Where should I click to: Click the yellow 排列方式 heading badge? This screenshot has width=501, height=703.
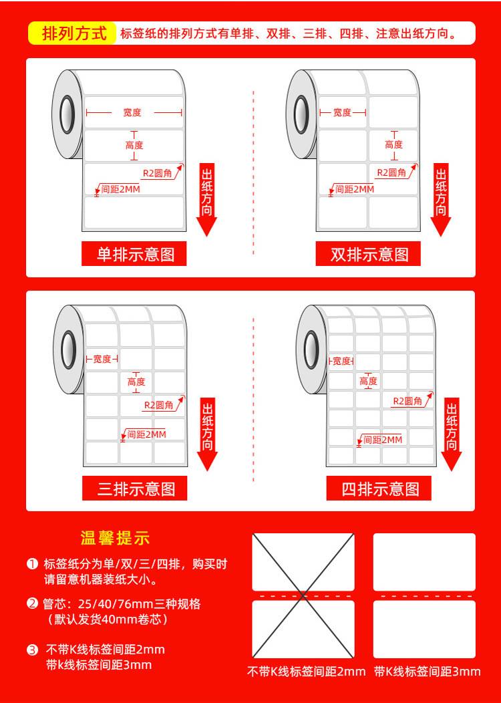point(73,33)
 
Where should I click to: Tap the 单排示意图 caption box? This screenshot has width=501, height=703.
point(134,254)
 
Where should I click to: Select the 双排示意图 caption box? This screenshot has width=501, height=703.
point(368,254)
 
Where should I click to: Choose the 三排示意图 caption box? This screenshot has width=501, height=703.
point(134,488)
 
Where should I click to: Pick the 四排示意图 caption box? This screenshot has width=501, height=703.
point(379,488)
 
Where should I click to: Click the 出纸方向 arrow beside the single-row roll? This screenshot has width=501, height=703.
point(206,200)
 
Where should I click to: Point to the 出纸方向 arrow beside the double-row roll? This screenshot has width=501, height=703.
point(441,200)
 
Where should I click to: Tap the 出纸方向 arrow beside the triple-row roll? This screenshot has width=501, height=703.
point(207,434)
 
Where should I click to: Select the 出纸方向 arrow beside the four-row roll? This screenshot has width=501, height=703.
point(452,434)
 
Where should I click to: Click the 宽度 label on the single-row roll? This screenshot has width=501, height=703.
point(132,112)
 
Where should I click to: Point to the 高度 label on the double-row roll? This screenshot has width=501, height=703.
point(394,144)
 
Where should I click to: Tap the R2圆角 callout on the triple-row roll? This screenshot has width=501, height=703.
point(158,406)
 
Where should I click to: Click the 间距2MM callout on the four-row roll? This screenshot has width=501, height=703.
point(383,440)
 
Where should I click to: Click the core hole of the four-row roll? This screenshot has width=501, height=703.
point(311,349)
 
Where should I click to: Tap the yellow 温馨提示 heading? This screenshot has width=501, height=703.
point(115,538)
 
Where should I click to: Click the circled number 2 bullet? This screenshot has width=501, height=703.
point(32,603)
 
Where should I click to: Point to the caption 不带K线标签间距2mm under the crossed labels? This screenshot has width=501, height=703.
point(306,671)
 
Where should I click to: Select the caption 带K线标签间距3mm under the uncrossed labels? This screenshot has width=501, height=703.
point(427,671)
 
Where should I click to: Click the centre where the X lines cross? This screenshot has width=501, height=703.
point(303,596)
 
